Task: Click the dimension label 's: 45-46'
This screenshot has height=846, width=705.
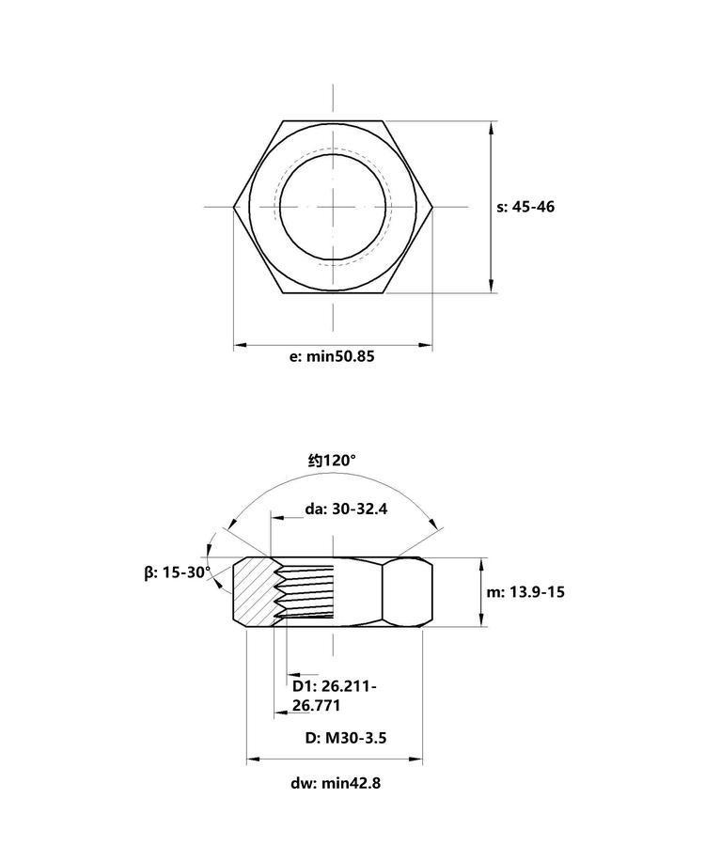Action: (x=525, y=207)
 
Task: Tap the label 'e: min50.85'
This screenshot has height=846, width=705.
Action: (x=332, y=356)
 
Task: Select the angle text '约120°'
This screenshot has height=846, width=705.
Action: (x=332, y=461)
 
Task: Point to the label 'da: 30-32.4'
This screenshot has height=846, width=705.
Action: (x=346, y=509)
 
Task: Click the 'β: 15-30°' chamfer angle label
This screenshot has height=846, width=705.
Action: (x=178, y=572)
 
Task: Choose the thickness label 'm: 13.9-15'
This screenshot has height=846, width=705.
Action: (x=525, y=592)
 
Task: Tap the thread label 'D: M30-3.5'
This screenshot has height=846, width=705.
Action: (x=346, y=738)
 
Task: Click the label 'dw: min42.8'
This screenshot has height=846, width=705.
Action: (x=336, y=783)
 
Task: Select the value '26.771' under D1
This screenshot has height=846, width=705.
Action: (x=316, y=705)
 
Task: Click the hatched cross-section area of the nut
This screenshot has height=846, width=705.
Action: (x=253, y=592)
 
